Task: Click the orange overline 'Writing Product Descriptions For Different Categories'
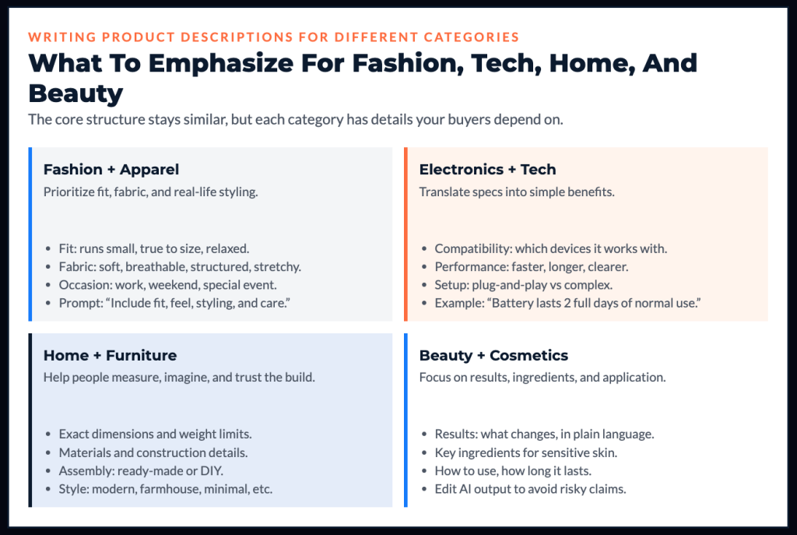click(x=273, y=37)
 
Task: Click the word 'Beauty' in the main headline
click(x=75, y=93)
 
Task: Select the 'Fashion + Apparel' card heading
click(x=111, y=169)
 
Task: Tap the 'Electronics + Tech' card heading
click(x=487, y=169)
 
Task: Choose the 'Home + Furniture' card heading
click(x=110, y=355)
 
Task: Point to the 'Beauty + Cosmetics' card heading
click(x=493, y=355)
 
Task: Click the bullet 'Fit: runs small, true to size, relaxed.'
click(x=154, y=248)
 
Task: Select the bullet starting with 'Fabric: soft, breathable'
click(x=180, y=266)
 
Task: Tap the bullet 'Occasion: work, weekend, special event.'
click(x=168, y=285)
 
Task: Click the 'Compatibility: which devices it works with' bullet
click(x=551, y=248)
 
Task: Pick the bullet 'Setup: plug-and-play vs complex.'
click(x=524, y=285)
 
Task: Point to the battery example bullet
click(x=567, y=303)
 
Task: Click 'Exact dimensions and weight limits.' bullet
click(x=155, y=434)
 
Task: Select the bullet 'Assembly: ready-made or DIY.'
click(x=141, y=471)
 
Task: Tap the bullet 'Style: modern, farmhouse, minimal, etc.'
click(x=166, y=489)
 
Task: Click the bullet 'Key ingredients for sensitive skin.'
click(x=526, y=452)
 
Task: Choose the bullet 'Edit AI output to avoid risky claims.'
click(x=530, y=489)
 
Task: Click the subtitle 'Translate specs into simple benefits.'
click(x=517, y=192)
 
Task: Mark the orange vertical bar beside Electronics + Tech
click(x=406, y=234)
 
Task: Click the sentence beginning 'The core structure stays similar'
click(x=295, y=119)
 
